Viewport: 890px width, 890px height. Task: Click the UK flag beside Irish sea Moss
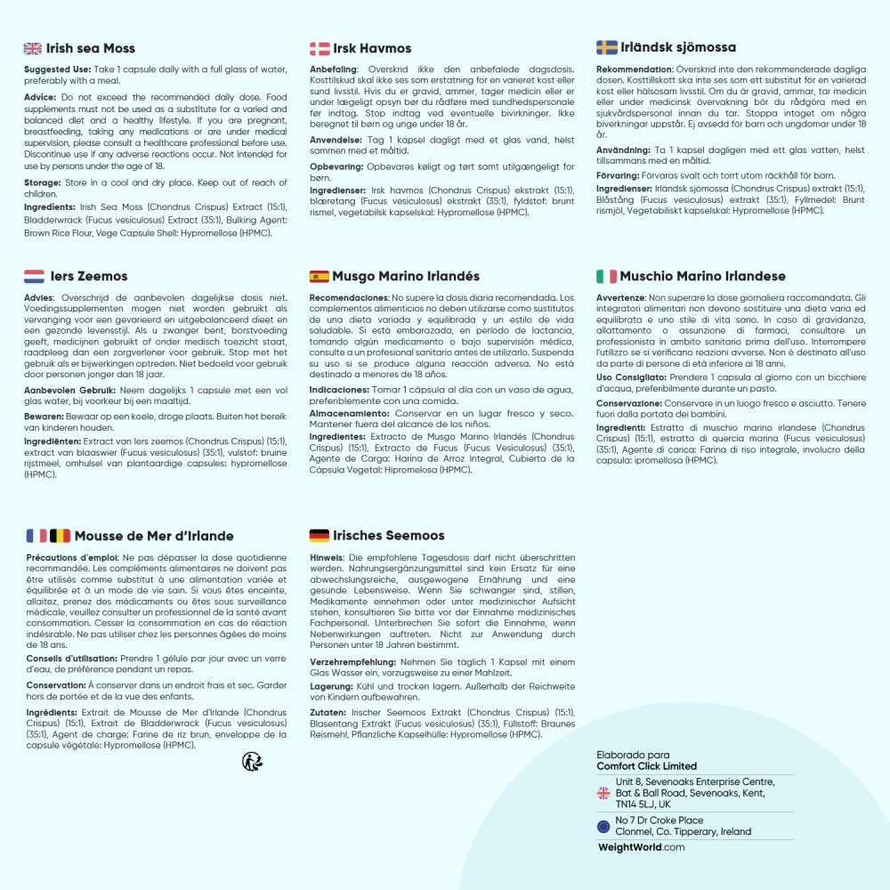point(33,48)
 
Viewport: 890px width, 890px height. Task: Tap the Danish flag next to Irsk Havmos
point(320,48)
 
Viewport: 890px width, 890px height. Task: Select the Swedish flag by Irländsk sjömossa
point(606,47)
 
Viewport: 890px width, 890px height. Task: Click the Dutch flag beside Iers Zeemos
point(34,276)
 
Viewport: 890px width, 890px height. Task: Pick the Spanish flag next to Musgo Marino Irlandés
point(320,277)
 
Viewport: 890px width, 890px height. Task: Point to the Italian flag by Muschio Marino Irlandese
point(606,276)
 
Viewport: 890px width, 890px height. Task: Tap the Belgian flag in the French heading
point(60,536)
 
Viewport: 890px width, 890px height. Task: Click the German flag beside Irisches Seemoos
point(320,536)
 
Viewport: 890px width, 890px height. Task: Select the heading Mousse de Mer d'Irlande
point(154,536)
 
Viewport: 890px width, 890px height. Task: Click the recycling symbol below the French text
point(252,761)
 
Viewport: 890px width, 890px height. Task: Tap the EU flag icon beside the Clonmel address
point(603,827)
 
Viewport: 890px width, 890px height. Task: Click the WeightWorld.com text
point(641,847)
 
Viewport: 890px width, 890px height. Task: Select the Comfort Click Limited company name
point(646,766)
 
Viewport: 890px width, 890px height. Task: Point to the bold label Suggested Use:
point(55,69)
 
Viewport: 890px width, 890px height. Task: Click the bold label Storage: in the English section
point(43,182)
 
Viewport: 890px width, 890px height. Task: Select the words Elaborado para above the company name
point(633,755)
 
